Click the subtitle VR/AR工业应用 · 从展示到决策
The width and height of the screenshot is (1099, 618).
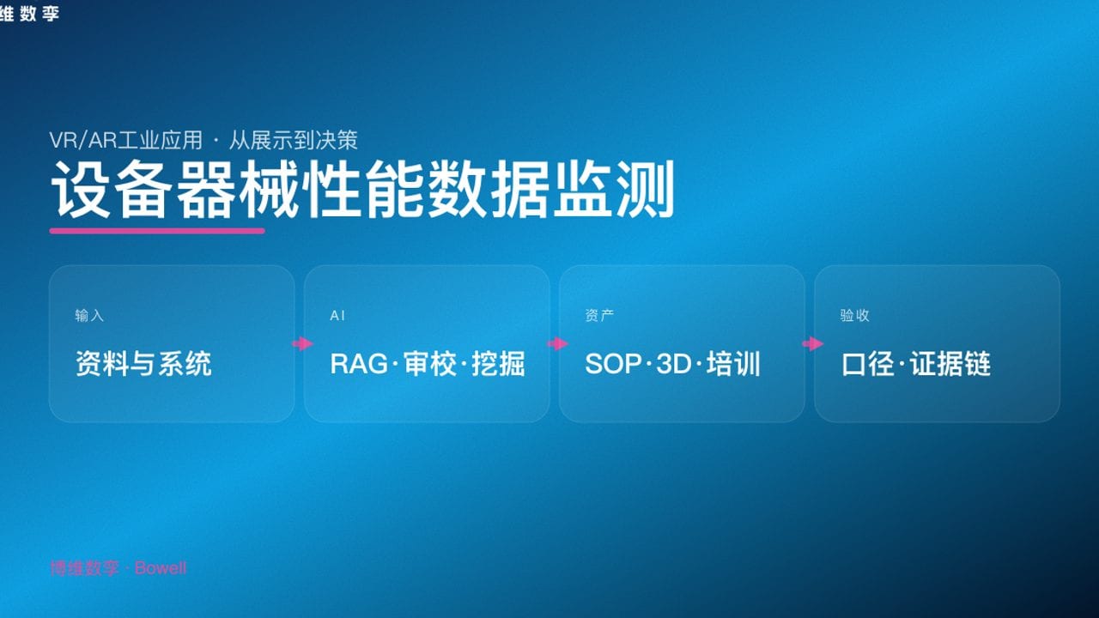(203, 140)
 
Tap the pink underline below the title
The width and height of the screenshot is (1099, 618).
(157, 231)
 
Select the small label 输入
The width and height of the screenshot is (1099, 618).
(89, 316)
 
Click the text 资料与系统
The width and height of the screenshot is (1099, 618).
(143, 364)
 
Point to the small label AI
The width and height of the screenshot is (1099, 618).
(337, 316)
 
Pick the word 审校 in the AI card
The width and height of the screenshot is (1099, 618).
(427, 364)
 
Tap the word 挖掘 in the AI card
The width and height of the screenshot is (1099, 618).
(499, 364)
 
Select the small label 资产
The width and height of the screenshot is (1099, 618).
(599, 316)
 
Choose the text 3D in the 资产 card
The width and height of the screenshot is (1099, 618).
(673, 364)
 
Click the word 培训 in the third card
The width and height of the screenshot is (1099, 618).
(734, 364)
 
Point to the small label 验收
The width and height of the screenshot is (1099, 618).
(854, 316)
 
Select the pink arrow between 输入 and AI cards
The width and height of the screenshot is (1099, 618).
(302, 344)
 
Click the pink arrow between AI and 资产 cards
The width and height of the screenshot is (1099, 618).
(557, 344)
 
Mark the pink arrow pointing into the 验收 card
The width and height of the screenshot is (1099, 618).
(812, 344)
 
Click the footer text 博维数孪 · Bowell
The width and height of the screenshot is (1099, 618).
(118, 568)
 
